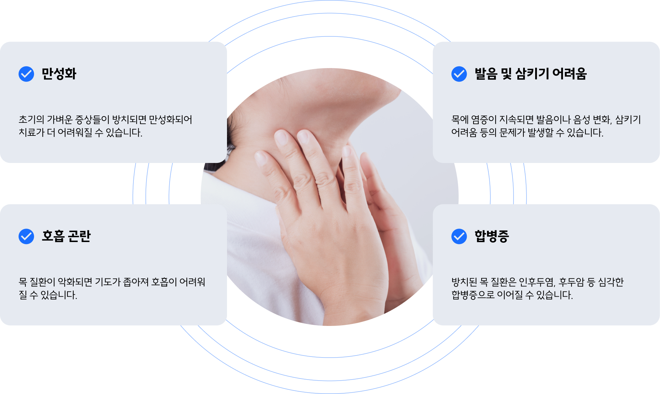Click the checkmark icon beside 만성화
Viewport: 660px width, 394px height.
point(26,74)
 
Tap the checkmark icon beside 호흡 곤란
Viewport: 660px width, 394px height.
point(26,236)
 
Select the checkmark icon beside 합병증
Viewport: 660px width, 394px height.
point(459,236)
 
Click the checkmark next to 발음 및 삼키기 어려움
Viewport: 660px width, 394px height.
point(459,74)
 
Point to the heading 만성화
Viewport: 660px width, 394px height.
point(59,74)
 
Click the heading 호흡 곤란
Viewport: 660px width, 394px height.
point(66,236)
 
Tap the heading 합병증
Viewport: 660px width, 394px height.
point(491,236)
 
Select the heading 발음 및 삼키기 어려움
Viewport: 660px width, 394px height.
point(530,74)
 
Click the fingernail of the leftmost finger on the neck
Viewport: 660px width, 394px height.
point(261,158)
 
